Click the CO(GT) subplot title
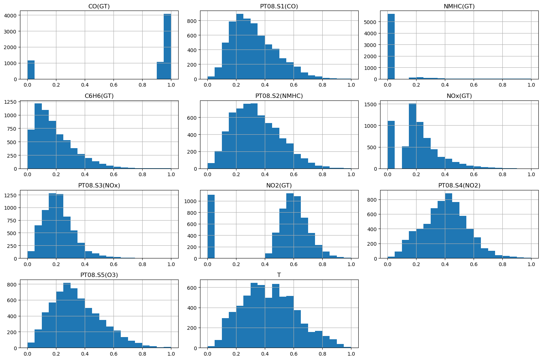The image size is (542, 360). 99,6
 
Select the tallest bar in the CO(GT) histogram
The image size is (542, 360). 167,47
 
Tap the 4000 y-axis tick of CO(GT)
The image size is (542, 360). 11,16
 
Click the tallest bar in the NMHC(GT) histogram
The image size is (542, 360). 391,47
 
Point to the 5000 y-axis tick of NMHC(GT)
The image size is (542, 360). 370,22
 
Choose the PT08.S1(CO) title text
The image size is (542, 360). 279,6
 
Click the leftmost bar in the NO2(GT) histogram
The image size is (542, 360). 211,227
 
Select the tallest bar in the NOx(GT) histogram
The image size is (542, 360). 413,136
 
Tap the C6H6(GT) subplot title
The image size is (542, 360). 99,96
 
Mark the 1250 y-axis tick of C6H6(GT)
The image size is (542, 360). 11,102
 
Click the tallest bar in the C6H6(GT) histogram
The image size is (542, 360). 38,136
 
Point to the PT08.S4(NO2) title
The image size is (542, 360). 459,185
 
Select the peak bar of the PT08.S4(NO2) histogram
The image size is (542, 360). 449,226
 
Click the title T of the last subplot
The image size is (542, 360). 279,275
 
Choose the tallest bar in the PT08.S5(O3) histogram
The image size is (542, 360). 67,316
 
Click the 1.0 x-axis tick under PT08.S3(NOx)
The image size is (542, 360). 171,264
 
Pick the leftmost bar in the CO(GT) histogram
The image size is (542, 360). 31,70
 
